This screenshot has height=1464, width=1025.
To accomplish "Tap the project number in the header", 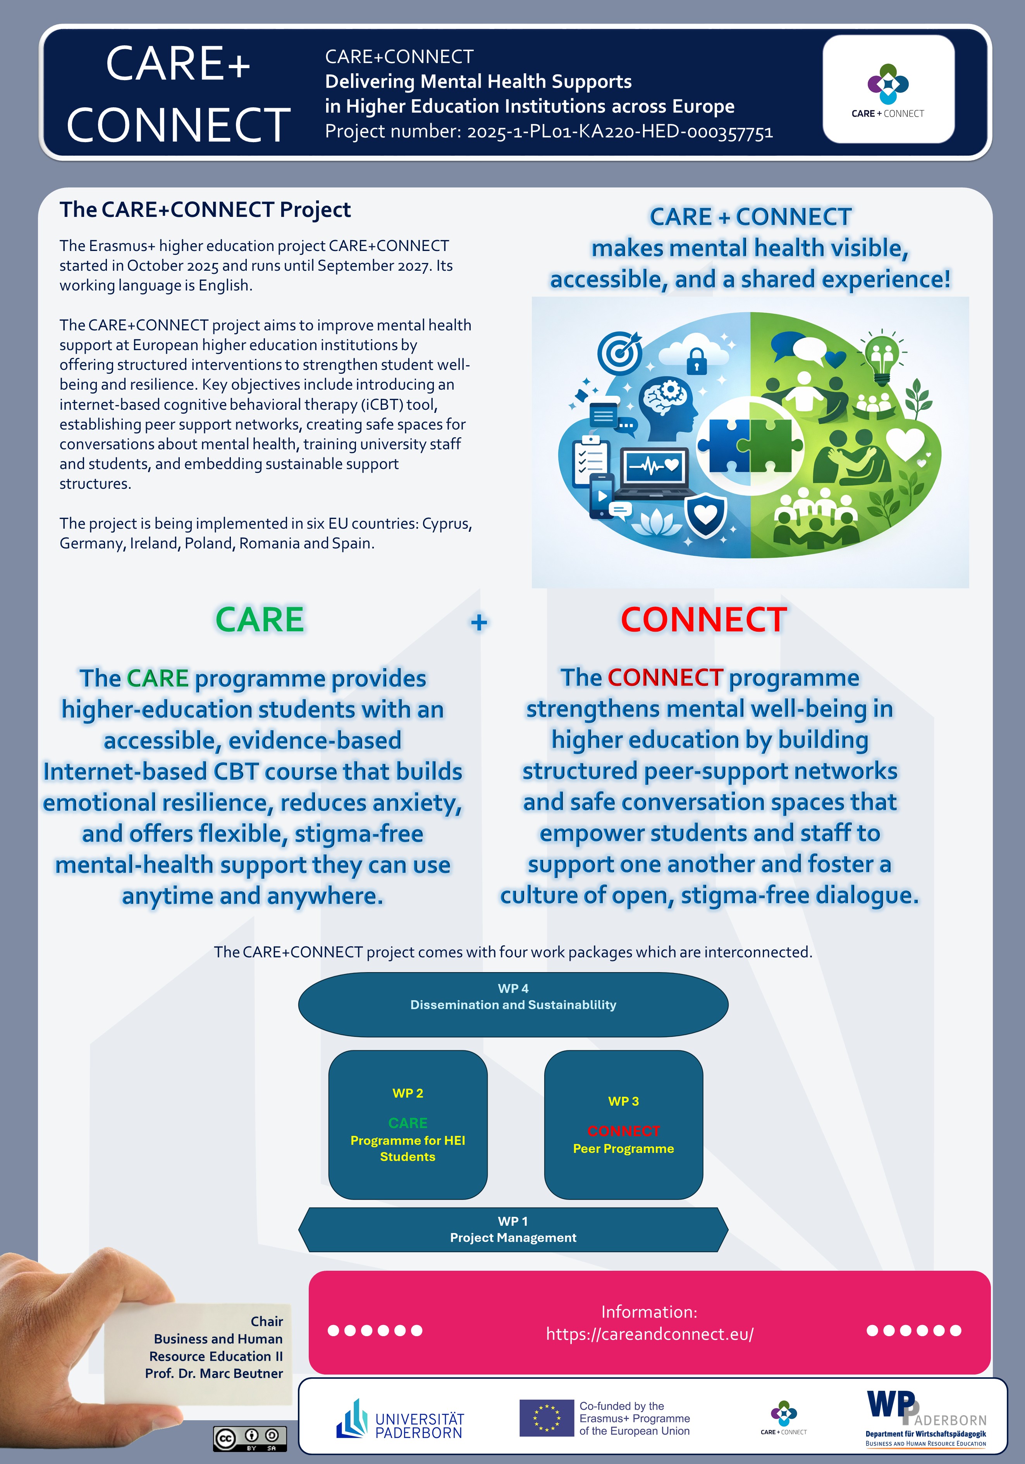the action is (549, 131).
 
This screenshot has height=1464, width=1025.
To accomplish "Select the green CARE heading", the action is (260, 620).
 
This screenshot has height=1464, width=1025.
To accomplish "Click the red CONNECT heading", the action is (703, 620).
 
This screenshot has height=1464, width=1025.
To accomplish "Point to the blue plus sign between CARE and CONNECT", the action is (479, 622).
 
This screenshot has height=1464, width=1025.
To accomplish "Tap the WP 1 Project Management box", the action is (513, 1229).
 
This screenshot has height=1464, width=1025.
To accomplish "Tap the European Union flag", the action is (547, 1418).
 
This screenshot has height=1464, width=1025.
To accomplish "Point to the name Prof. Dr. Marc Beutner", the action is (214, 1373).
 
